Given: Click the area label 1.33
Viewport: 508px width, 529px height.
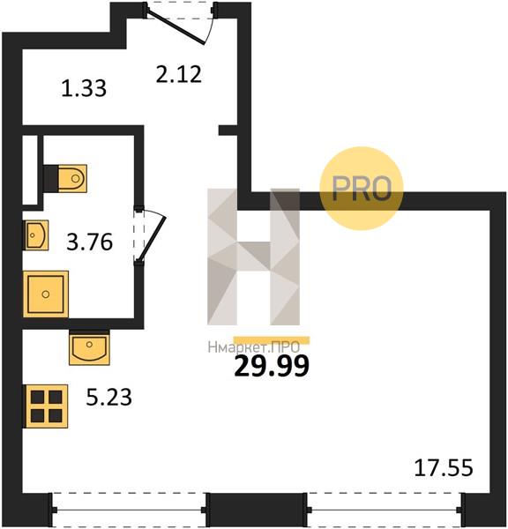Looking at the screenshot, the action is pyautogui.click(x=84, y=88).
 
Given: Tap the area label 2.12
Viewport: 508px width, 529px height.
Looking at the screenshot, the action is pyautogui.click(x=179, y=75).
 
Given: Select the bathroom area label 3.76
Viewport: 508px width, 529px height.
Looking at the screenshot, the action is pyautogui.click(x=89, y=242).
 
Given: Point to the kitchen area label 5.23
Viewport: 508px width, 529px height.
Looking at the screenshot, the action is pyautogui.click(x=108, y=397).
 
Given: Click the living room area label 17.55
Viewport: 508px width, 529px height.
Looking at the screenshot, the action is pyautogui.click(x=444, y=468).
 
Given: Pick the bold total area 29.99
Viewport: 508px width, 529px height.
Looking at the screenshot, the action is pyautogui.click(x=272, y=366).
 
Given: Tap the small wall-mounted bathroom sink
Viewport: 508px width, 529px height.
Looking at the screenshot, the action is pyautogui.click(x=35, y=235).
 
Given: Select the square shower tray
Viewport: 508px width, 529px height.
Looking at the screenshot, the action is pyautogui.click(x=46, y=294).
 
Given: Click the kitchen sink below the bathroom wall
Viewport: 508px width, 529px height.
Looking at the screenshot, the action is pyautogui.click(x=89, y=347).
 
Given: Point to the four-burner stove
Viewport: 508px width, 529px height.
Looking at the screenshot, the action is pyautogui.click(x=46, y=406).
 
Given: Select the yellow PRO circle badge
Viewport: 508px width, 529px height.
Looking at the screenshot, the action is pyautogui.click(x=362, y=189).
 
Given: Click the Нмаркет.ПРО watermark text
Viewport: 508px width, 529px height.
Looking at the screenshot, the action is pyautogui.click(x=253, y=347).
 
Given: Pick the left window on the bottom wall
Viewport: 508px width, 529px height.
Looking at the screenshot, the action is pyautogui.click(x=130, y=510).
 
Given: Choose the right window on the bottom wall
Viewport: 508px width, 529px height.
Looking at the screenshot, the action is pyautogui.click(x=385, y=510).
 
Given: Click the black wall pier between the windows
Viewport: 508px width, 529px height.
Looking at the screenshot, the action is pyautogui.click(x=257, y=510).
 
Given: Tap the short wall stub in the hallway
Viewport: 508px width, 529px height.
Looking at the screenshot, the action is pyautogui.click(x=228, y=130).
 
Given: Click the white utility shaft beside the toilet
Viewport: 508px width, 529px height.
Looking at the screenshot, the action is pyautogui.click(x=30, y=169).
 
